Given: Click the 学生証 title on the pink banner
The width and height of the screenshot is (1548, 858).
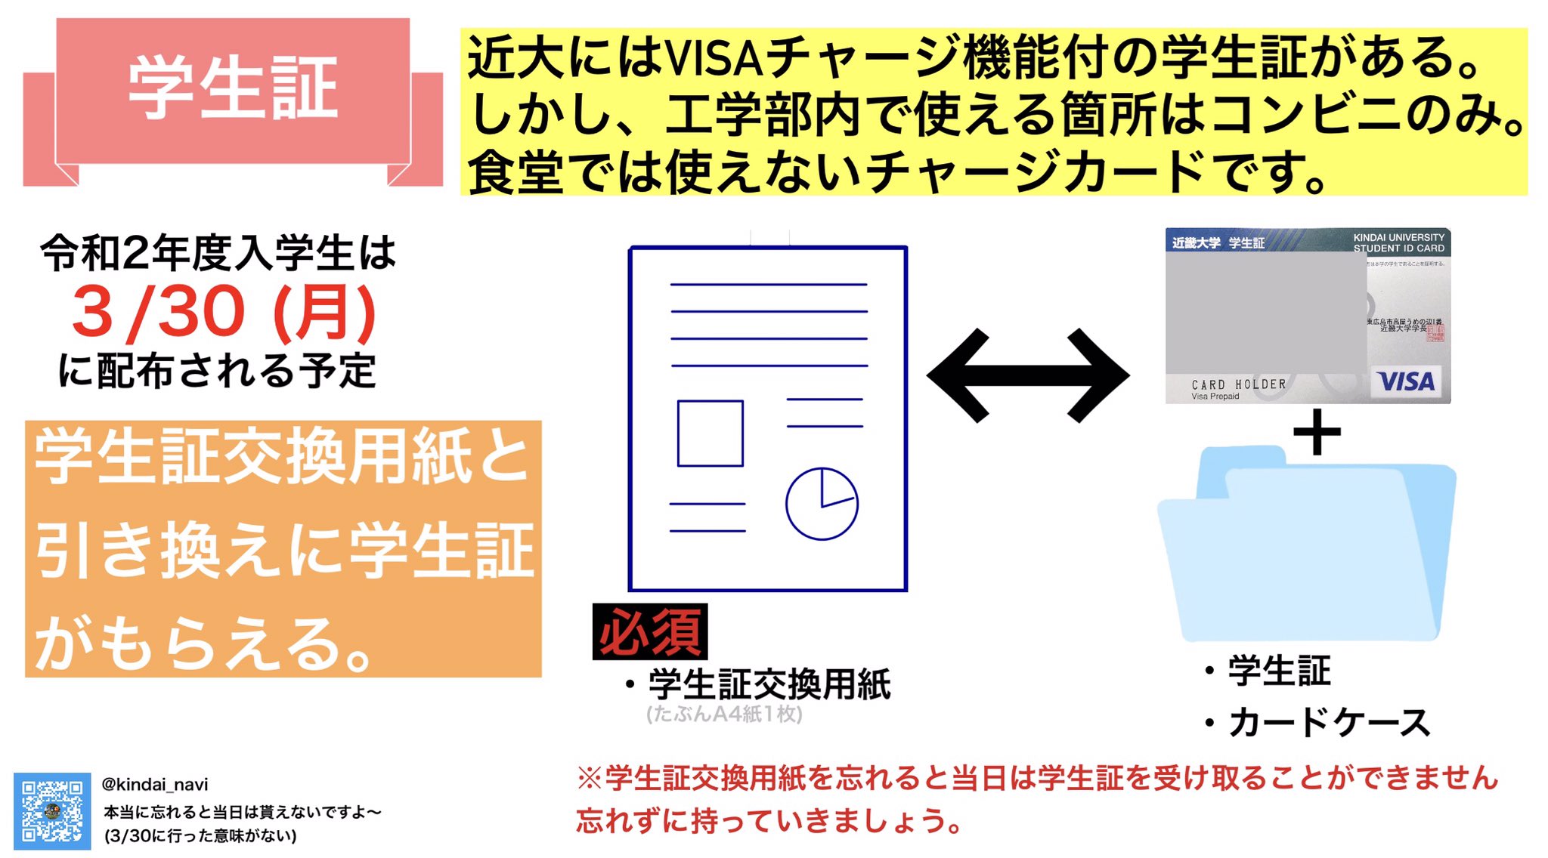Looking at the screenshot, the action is point(233,88).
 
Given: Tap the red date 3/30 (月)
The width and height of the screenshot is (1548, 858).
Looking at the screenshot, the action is point(224,312).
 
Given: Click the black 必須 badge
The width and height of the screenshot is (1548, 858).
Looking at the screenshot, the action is point(650,632).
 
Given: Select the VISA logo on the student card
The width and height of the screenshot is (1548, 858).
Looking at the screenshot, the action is point(1405,381).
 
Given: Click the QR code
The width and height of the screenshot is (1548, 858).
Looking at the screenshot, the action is point(52,811).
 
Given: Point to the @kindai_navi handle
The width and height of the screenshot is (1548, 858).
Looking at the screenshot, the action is point(155,785).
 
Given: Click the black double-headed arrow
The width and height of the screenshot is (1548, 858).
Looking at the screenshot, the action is point(1028,375).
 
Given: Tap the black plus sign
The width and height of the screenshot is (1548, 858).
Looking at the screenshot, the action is point(1317,433).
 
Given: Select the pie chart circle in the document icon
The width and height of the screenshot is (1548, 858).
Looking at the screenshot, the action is point(822,504).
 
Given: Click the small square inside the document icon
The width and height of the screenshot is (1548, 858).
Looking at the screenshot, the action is point(710,434).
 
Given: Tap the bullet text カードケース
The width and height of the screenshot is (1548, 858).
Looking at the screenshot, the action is point(1328,723).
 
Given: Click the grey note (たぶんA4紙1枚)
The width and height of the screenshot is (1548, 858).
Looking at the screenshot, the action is point(724,714).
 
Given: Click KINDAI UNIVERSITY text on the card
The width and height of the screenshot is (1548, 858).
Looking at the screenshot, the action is point(1398,237).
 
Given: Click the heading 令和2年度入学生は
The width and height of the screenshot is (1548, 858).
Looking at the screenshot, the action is point(218,253).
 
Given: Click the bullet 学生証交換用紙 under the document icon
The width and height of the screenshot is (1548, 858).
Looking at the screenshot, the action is point(769,684).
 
